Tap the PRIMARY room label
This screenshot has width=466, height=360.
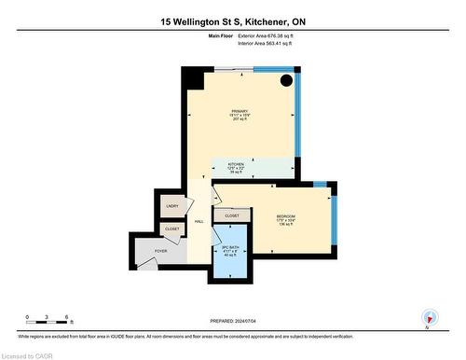click(x=240, y=111)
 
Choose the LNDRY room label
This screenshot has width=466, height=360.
click(x=171, y=205)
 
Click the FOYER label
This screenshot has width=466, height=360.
click(x=161, y=249)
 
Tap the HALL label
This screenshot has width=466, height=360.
click(x=199, y=221)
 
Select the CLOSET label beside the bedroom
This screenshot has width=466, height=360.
click(x=231, y=216)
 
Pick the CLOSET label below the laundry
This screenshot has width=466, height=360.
click(x=172, y=228)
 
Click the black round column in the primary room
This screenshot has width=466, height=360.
click(x=286, y=80)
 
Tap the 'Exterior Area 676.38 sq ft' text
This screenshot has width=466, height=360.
click(x=273, y=35)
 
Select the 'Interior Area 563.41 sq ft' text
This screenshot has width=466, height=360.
click(x=273, y=43)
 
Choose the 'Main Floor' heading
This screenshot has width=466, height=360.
click(x=220, y=35)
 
